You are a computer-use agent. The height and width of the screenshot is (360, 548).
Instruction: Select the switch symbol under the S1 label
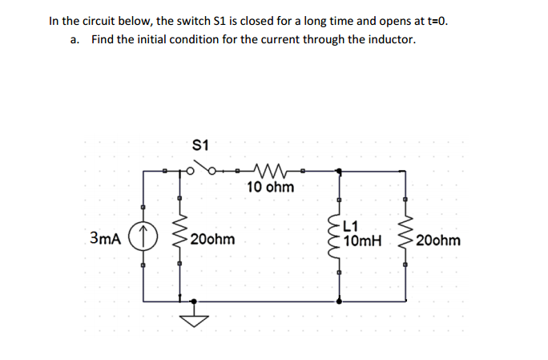pyautogui.click(x=203, y=170)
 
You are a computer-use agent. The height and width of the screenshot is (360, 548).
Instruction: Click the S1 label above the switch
pyautogui.click(x=201, y=146)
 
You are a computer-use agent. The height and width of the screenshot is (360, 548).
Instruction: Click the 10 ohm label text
pyautogui.click(x=270, y=188)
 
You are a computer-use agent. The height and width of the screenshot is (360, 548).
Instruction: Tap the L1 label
pyautogui.click(x=352, y=226)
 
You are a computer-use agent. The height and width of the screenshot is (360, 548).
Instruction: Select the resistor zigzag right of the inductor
pyautogui.click(x=405, y=238)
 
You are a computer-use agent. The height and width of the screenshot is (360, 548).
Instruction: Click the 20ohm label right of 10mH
pyautogui.click(x=439, y=240)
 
